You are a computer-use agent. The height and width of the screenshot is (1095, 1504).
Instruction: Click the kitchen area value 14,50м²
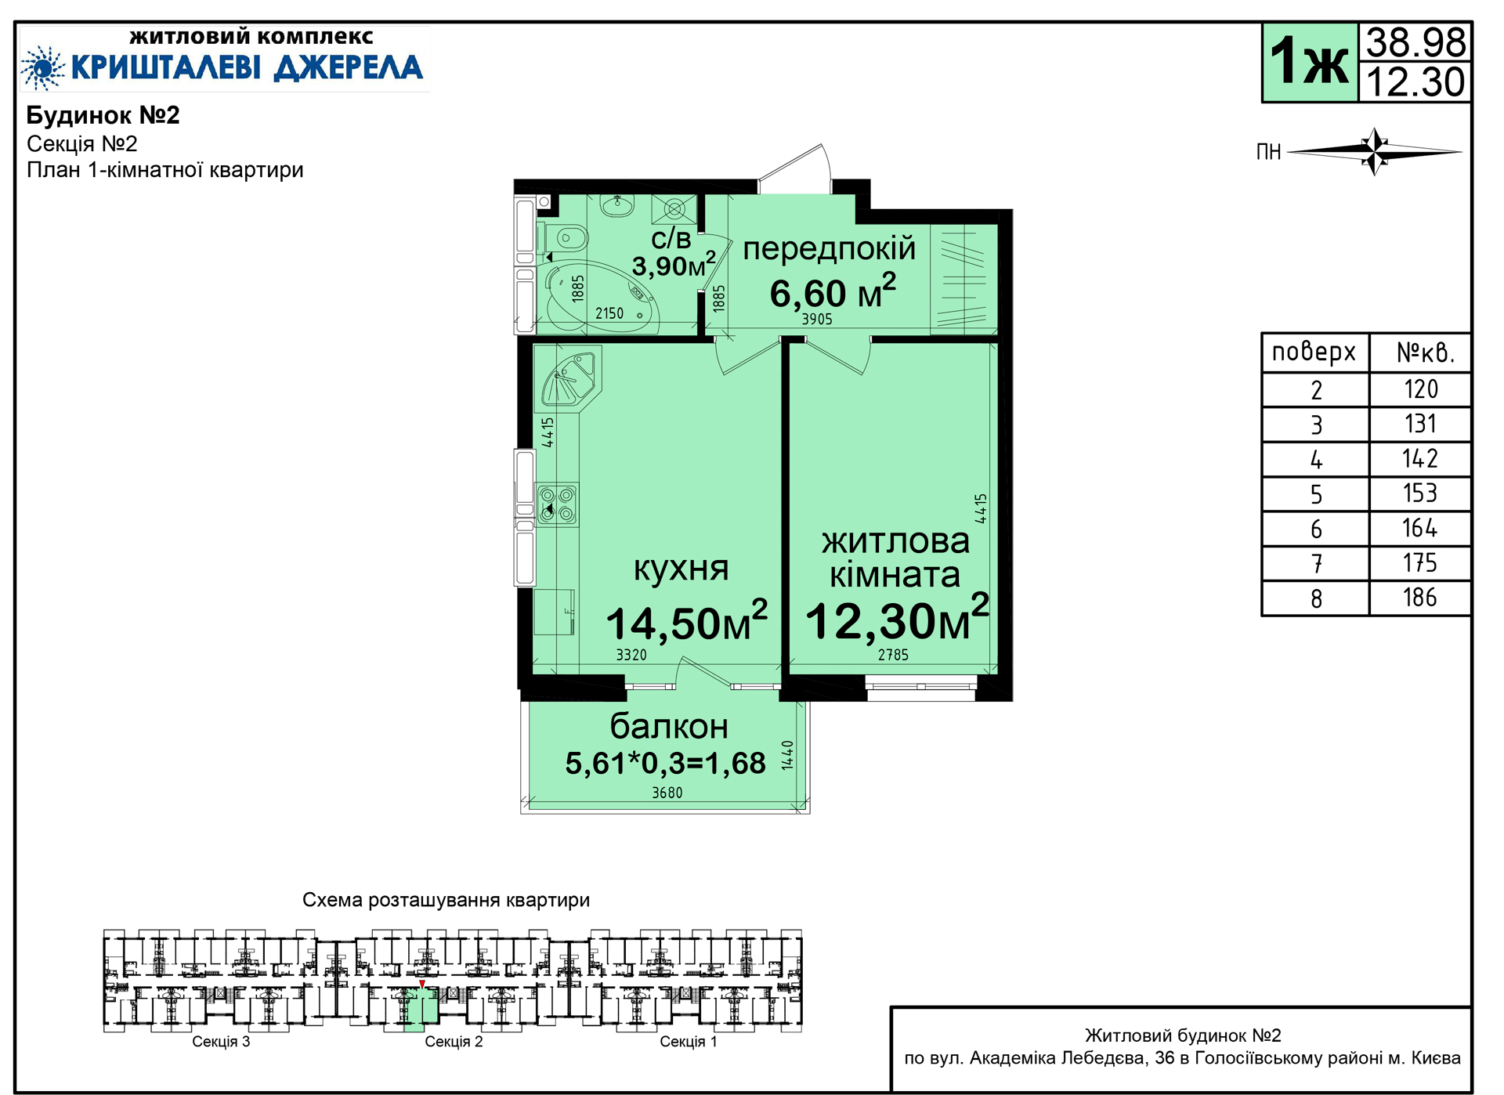click(687, 622)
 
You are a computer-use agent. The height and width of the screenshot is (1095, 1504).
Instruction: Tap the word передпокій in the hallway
click(829, 249)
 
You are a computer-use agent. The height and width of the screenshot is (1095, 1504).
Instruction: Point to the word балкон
click(669, 727)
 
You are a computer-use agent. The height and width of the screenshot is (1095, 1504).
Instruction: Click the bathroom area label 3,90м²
click(674, 265)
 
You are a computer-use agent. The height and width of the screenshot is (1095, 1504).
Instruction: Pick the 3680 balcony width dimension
click(667, 793)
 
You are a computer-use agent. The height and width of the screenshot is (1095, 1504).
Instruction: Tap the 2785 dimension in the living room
click(893, 655)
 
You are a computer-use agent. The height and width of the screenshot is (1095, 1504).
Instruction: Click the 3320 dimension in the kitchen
click(631, 655)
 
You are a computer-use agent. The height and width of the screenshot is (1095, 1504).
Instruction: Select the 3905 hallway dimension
click(817, 319)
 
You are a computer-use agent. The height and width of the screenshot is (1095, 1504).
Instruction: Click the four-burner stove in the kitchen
click(557, 504)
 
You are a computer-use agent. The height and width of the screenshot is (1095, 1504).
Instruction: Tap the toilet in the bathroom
click(565, 237)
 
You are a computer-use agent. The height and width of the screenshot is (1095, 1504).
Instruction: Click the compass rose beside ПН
click(1375, 151)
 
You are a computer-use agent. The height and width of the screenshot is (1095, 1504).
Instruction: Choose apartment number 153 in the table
click(1419, 493)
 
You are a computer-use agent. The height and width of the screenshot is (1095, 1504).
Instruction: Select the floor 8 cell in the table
click(1316, 598)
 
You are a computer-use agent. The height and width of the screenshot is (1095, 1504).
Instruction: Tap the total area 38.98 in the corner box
click(1415, 42)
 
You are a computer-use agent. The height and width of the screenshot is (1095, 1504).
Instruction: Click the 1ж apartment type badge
click(1309, 61)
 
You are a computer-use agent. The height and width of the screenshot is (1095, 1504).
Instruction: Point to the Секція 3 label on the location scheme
click(221, 1042)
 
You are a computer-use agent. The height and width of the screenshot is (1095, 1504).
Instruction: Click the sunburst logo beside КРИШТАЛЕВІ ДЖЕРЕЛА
click(44, 67)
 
